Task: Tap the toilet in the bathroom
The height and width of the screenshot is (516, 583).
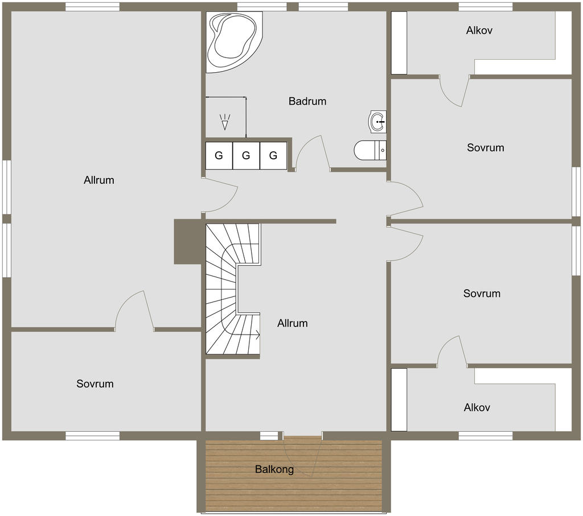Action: point(370,150)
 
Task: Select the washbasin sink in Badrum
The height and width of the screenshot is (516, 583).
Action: point(377,122)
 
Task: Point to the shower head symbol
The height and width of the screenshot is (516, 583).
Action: point(225,122)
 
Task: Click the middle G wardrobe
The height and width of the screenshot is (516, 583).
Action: point(246,156)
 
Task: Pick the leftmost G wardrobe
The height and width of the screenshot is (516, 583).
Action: point(219,156)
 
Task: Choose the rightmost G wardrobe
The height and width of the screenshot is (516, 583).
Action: point(273,156)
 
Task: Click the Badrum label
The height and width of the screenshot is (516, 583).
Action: point(307,101)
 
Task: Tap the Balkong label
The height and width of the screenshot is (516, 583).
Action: point(274,469)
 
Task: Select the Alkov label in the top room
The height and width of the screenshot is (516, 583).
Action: point(479,30)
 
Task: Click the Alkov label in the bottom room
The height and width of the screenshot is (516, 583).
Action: point(477,407)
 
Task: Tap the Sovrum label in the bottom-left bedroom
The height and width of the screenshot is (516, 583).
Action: point(95,384)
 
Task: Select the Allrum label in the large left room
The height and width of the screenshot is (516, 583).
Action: point(99,180)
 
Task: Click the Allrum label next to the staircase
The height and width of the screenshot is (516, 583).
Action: point(293,323)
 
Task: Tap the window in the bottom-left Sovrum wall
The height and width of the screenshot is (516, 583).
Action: point(93,436)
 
